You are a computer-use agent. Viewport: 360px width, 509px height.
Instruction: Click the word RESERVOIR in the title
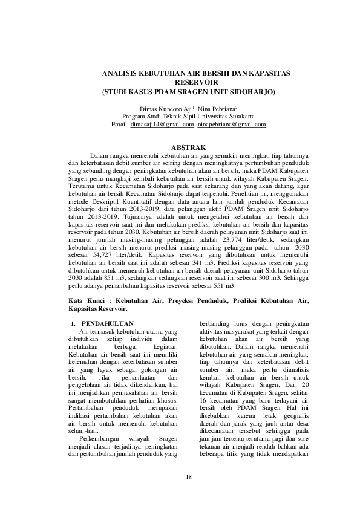(191, 82)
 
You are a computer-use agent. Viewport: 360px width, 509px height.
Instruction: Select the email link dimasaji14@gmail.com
(162, 125)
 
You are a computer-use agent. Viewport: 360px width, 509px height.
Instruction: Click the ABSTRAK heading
(190, 147)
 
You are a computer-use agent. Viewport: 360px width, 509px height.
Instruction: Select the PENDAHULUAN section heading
(108, 323)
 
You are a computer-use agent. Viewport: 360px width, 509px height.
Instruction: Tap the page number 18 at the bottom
(189, 476)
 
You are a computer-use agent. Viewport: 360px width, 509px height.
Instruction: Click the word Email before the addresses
(120, 125)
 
